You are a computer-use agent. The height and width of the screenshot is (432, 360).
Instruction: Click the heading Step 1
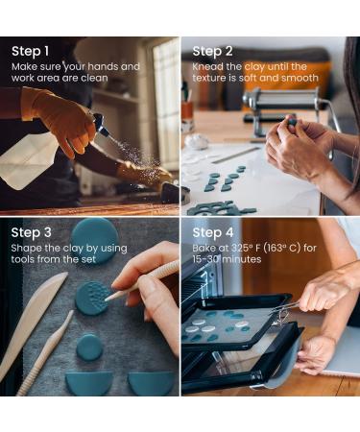click(31, 51)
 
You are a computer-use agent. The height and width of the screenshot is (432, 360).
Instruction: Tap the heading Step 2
click(212, 51)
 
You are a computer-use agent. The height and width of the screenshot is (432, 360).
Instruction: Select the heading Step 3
click(31, 232)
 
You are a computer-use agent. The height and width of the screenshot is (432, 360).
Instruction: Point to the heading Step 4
click(213, 232)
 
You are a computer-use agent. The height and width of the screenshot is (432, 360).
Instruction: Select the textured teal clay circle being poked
click(92, 298)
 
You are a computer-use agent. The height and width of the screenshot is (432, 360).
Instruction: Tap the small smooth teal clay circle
click(89, 348)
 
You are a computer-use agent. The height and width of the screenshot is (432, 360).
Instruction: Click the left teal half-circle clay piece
click(89, 382)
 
